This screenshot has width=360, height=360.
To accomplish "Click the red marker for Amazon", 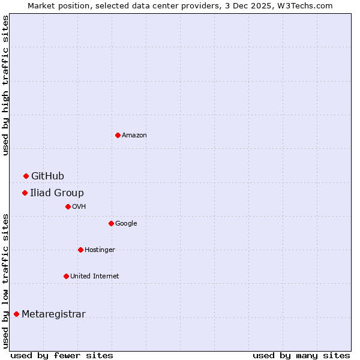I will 118,135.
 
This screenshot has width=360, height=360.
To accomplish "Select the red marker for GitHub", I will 26,176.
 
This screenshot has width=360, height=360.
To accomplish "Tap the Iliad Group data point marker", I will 25,193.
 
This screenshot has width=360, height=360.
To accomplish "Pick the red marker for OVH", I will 68,206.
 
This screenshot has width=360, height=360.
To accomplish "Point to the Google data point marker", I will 111,223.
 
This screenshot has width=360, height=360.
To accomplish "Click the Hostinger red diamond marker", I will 80,250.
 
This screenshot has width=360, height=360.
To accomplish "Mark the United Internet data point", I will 66,276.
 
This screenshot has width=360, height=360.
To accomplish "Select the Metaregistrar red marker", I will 16,314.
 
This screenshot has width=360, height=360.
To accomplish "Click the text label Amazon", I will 134,136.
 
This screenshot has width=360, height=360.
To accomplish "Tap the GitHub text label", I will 47,176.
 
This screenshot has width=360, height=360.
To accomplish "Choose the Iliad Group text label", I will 57,193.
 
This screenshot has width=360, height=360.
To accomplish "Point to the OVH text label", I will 79,207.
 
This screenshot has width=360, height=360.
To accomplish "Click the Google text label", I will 126,224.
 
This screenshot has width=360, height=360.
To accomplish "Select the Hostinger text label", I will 100,250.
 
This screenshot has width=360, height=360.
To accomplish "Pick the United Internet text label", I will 94,277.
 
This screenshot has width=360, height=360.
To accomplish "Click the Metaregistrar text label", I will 53,314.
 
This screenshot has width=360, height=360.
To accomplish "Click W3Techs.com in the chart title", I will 304,5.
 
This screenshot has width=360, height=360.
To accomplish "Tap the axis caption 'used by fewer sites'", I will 62,355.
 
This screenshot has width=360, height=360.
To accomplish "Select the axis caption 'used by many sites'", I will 301,355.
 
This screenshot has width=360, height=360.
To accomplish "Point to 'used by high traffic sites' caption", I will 5,85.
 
